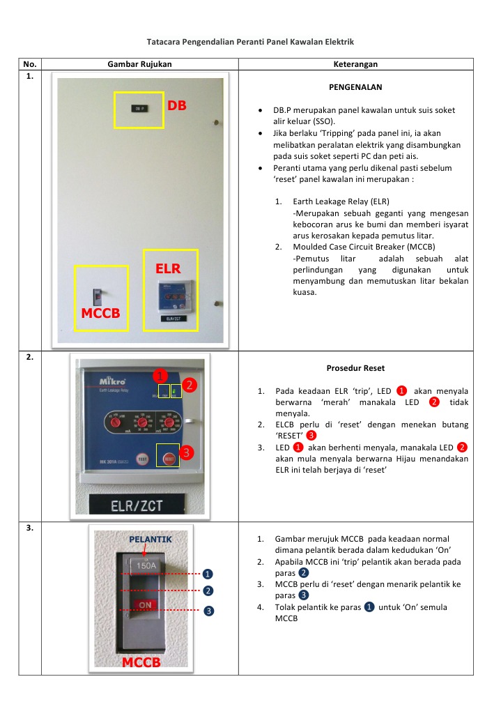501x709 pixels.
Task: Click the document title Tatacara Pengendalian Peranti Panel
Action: point(250,43)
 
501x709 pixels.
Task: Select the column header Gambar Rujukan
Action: point(139,64)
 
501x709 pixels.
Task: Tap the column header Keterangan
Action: point(355,64)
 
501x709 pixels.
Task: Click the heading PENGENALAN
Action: point(355,88)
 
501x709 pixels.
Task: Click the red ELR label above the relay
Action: point(168,268)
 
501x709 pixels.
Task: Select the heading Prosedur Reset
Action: point(355,367)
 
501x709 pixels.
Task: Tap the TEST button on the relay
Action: point(142,459)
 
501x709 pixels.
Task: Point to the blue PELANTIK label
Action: point(150,540)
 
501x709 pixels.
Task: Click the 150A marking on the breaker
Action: point(146,566)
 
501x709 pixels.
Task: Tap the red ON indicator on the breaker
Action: point(146,604)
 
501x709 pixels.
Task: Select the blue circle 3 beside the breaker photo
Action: point(208,611)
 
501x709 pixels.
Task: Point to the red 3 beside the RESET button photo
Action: point(185,453)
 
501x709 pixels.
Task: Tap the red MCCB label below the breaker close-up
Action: point(141,662)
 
